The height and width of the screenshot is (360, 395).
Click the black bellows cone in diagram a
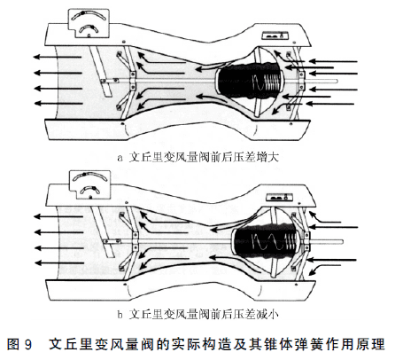[249, 82]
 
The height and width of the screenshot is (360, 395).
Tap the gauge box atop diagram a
[89, 24]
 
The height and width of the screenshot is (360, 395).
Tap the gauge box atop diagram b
[89, 184]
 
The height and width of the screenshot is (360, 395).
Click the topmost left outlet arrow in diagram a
[57, 57]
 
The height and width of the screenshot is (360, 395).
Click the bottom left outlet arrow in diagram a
[58, 103]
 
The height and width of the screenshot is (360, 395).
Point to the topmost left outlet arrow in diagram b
[58, 216]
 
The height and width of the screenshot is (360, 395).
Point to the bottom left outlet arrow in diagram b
[59, 262]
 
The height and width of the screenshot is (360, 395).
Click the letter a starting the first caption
[120, 158]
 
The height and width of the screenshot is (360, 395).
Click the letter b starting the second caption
[120, 315]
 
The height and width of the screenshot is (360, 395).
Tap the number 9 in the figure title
[28, 345]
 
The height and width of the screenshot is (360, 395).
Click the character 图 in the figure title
[13, 345]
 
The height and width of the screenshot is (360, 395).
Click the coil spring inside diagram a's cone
[267, 82]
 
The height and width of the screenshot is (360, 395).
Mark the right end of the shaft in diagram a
[337, 81]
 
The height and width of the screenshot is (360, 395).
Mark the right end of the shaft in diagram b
[342, 242]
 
